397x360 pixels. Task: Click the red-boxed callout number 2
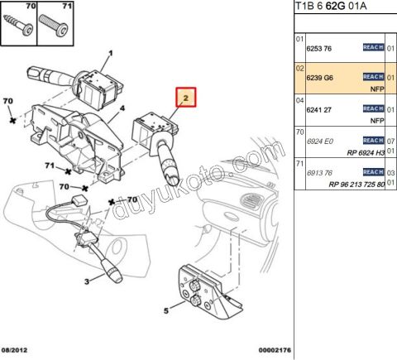click(x=185, y=98)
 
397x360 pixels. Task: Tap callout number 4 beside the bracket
click(x=122, y=108)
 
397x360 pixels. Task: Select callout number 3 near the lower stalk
click(x=87, y=282)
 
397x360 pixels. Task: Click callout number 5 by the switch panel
click(x=165, y=311)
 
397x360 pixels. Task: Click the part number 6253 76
click(x=319, y=48)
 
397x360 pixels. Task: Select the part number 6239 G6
click(x=319, y=77)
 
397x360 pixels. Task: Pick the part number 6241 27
click(x=319, y=108)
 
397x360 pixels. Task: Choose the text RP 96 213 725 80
click(x=356, y=184)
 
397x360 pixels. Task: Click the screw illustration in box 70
click(x=19, y=26)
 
